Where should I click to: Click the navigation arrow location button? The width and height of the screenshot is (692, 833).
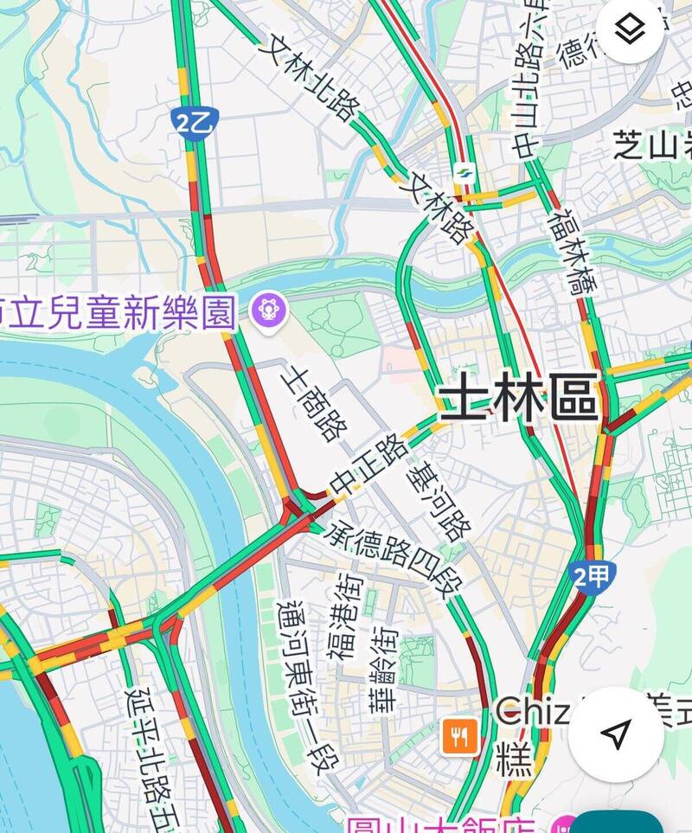pos(615,734)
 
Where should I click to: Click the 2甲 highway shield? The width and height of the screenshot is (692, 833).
pos(592,577)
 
